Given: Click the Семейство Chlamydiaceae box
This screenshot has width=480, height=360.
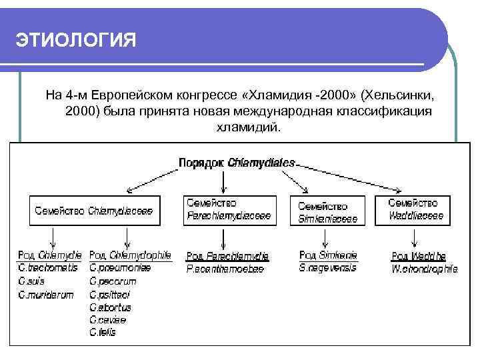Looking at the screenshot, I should tap(94, 211).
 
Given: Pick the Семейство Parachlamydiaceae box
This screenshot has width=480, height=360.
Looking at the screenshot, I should tap(229, 209).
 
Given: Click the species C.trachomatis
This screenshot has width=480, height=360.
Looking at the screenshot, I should tap(49, 269).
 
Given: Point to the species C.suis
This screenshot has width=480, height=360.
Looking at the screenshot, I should tap(33, 281).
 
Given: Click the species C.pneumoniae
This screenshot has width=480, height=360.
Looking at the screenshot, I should tap(120, 269).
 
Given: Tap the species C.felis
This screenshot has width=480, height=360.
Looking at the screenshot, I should tap(103, 332).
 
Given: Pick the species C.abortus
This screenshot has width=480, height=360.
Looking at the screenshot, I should tap(111, 307).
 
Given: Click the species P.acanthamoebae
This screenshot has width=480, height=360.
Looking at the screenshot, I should tap(225, 269).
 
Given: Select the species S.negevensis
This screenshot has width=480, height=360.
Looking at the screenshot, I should tap(329, 268).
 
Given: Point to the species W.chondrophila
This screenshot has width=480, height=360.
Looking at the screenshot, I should tap(424, 269).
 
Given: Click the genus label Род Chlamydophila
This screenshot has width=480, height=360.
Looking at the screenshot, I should tap(130, 255).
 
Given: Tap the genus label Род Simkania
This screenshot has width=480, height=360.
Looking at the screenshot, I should tap(329, 255).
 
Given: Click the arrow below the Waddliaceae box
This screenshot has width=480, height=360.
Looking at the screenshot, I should tap(416, 237).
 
